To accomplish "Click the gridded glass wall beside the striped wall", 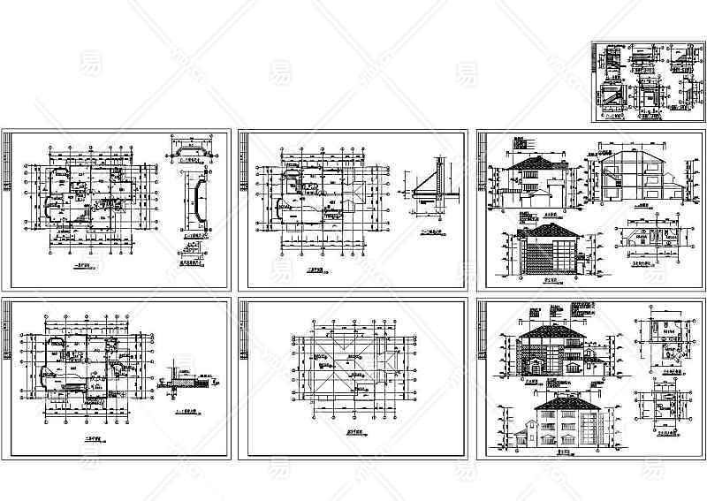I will [x=563, y=255].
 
